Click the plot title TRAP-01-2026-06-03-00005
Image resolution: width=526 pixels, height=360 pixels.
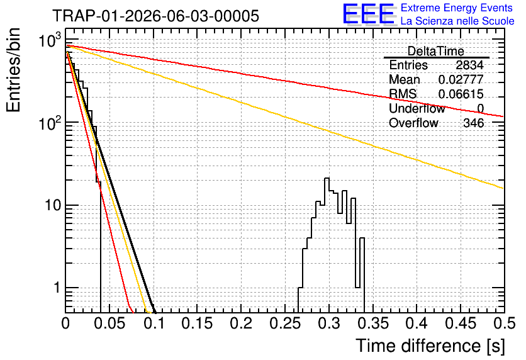tap(155, 16)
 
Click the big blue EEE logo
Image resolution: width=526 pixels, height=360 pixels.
tap(369, 14)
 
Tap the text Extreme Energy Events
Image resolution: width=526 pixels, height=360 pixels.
tap(457, 8)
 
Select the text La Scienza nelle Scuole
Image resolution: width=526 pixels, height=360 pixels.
tap(457, 21)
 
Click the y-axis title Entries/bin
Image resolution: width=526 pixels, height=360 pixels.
tap(13, 70)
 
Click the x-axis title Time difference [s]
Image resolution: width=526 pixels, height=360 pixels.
tap(430, 346)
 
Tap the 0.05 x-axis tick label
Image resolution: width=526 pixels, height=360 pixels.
tap(109, 323)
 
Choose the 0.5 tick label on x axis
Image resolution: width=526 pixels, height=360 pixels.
tap(504, 323)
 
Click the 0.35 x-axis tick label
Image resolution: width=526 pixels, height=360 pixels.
tap(373, 323)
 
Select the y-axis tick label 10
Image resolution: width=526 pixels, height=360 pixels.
tap(53, 205)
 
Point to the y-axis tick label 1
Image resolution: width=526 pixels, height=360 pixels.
tap(57, 288)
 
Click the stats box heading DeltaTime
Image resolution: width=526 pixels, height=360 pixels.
tap(436, 51)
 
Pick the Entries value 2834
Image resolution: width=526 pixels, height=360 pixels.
tap(469, 65)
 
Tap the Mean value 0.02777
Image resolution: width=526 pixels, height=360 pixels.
tap(461, 79)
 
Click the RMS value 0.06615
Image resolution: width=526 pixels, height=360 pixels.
tap(461, 94)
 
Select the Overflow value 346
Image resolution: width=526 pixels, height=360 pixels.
tap(474, 123)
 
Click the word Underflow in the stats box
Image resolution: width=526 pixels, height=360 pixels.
tap(417, 108)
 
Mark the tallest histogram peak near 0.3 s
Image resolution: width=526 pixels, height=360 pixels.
tap(327, 178)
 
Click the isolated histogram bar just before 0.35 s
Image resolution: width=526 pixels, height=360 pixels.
tap(362, 238)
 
